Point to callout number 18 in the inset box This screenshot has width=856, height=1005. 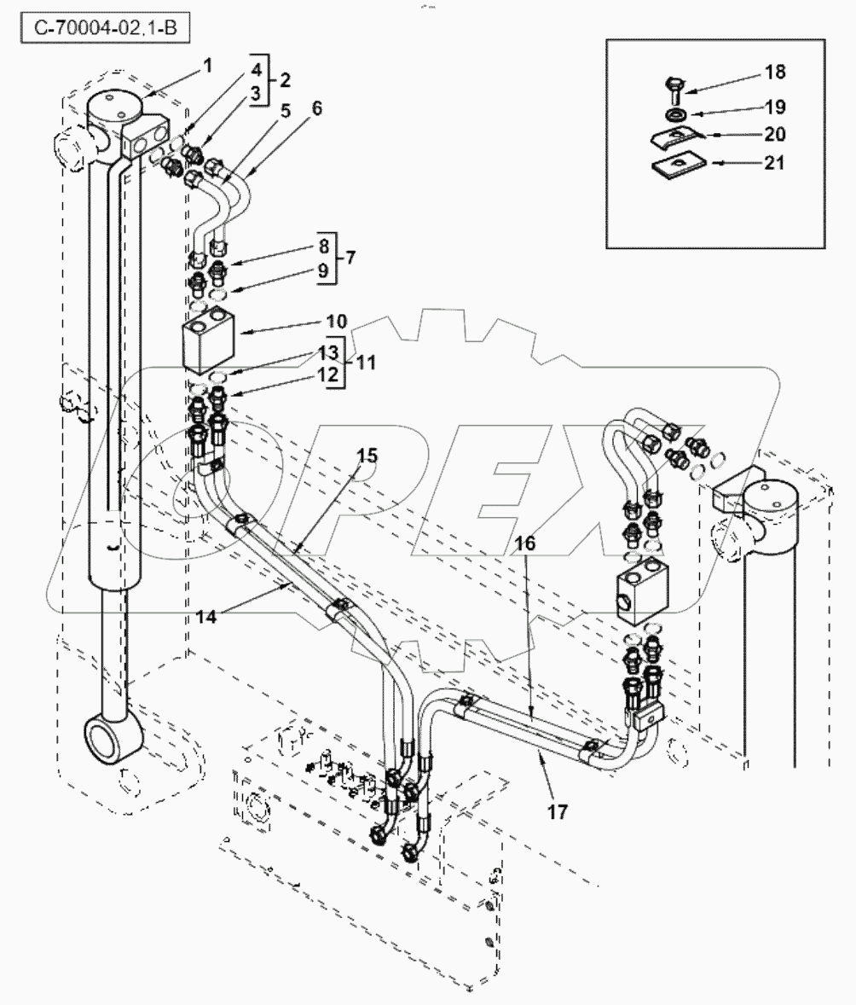coord(774,72)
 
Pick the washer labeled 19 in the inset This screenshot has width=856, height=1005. coord(674,113)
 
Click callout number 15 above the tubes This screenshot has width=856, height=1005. coord(366,456)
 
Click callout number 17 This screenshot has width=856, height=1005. coord(557,811)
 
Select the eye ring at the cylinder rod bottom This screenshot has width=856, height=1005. coord(109,736)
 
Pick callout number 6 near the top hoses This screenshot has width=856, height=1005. coord(316,109)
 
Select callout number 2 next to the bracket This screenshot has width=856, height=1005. coord(285,80)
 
